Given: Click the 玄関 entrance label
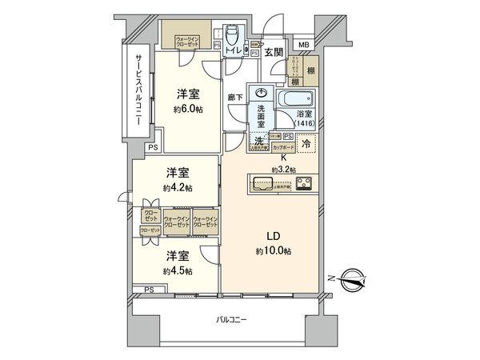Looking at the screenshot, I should (x=274, y=53).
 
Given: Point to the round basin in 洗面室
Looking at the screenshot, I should (x=259, y=94).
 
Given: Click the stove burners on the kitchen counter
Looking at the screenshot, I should (x=305, y=183).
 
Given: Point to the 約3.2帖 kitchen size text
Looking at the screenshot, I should (x=283, y=170).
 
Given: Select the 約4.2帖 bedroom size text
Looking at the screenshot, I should (x=178, y=187).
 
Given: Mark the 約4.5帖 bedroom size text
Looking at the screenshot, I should (x=178, y=270).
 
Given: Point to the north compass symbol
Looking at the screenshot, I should (x=351, y=280).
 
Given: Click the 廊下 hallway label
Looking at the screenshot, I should (x=235, y=97).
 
